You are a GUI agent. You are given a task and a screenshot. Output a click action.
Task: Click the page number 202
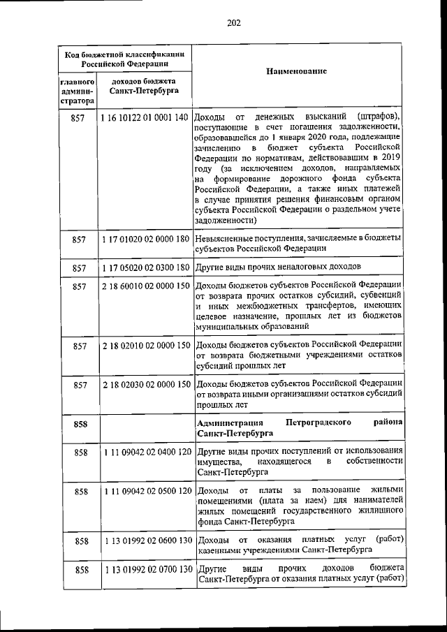coord(233,23)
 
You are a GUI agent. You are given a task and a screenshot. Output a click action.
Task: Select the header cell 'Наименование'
coord(297,73)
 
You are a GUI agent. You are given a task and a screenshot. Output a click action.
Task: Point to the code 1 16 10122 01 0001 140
coord(145,116)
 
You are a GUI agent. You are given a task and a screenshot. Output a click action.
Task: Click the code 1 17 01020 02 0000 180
coord(145,240)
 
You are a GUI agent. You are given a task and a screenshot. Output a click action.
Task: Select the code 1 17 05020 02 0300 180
coord(145,267)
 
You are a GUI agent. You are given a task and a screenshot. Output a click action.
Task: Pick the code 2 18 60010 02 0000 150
coord(145,286)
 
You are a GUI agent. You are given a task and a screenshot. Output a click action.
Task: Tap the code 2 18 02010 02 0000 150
coord(145,345)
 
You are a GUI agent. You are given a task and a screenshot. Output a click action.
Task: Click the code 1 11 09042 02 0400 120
coord(145,453)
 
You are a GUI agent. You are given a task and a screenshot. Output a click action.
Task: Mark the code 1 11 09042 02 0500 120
coord(145,492)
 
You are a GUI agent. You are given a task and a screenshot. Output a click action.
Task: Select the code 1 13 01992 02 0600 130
coord(145,541)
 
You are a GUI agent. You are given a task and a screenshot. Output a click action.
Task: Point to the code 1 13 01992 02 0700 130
coord(145,570)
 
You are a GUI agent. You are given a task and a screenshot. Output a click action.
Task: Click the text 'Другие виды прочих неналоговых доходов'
coord(279,267)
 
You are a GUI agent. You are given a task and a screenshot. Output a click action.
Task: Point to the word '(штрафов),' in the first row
coord(377,116)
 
